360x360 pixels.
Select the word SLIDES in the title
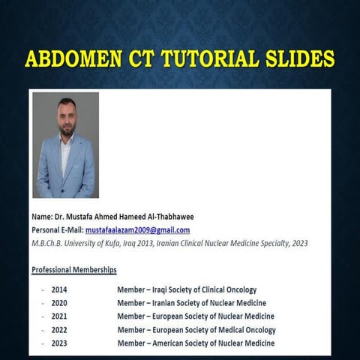pos(295,59)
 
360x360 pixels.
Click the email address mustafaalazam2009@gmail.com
pos(137,230)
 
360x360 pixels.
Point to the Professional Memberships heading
pos(74,269)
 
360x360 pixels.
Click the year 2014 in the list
pos(59,289)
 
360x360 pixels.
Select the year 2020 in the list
pos(59,303)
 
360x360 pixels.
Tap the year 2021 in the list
pos(59,316)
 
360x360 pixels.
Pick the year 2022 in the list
pos(59,330)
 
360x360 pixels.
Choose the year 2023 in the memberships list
pos(59,343)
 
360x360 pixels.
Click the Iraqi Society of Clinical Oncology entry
pos(187,289)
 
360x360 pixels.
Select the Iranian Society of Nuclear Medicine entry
pos(191,303)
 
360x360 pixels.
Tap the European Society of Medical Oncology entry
pos(196,330)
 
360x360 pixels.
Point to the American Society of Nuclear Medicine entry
pos(196,343)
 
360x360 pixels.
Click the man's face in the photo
pos(67,117)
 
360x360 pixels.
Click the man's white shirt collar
pos(67,141)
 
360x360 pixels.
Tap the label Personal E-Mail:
pos(57,230)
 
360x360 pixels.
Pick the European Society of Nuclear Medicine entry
pos(196,316)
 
